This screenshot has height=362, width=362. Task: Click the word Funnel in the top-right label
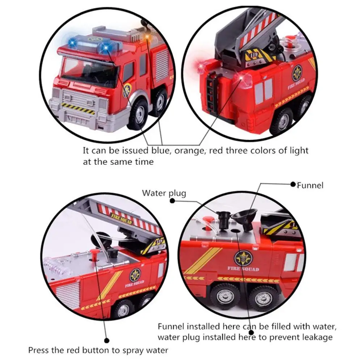[x=310, y=185]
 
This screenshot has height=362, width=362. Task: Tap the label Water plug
[x=164, y=193]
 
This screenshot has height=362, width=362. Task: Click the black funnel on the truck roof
[x=245, y=218]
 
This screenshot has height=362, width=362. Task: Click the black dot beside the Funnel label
[x=293, y=184]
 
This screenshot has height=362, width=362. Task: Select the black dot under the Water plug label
[x=172, y=201]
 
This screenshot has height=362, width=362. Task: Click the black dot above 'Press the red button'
[x=107, y=340]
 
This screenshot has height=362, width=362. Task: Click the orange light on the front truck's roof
[x=146, y=36]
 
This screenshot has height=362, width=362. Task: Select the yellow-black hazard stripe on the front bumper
[x=78, y=109]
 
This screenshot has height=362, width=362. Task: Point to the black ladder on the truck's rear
[x=211, y=92]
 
